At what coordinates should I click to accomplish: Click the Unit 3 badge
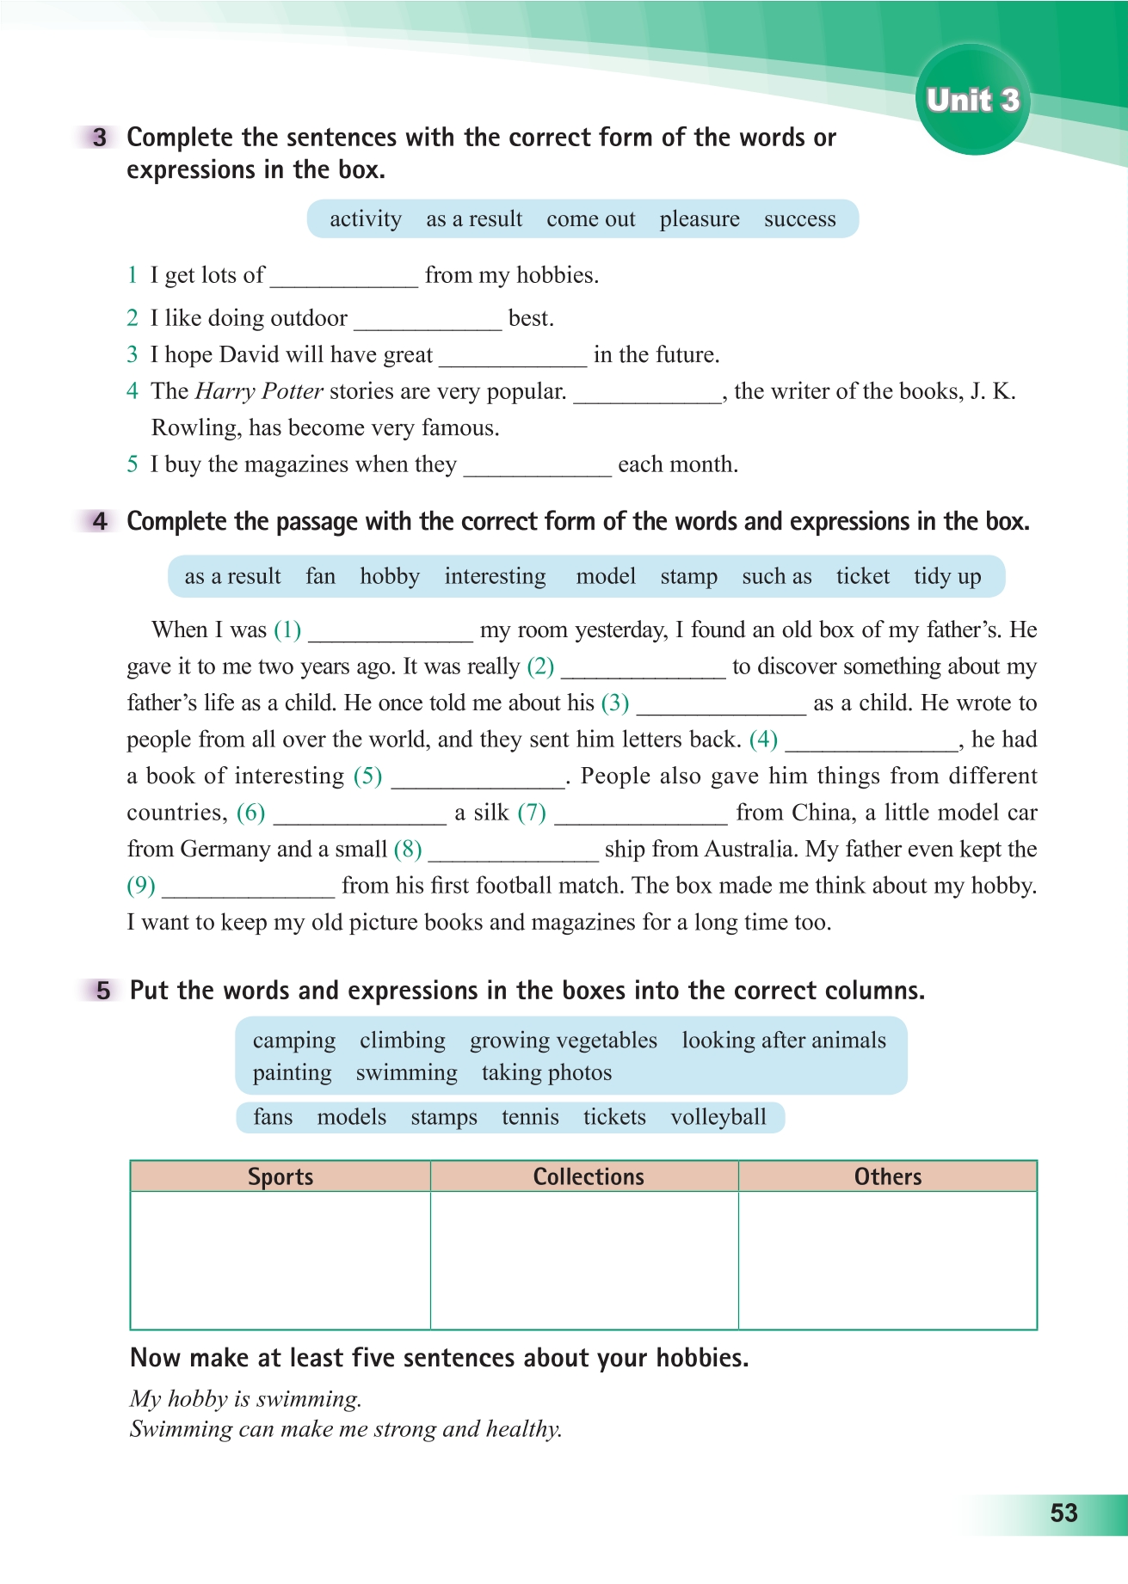point(972,101)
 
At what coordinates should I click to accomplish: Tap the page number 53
point(1063,1513)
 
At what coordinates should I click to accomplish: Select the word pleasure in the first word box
point(700,219)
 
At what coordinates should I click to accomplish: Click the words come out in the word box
point(591,219)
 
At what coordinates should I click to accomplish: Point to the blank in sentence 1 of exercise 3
point(344,277)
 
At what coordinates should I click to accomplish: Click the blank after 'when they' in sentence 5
point(538,466)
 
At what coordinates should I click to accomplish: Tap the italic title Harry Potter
point(259,391)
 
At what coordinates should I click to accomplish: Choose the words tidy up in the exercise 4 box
point(947,576)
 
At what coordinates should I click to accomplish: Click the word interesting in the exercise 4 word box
point(495,576)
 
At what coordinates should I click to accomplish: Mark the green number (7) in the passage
point(532,813)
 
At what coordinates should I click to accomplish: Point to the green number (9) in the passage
point(141,886)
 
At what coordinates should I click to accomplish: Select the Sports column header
point(280,1176)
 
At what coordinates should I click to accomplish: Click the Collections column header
point(589,1176)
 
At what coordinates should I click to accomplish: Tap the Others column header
point(888,1176)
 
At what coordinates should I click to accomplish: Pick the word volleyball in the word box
point(718,1117)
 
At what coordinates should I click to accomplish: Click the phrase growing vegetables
point(564,1041)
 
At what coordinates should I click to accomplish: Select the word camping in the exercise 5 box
point(294,1041)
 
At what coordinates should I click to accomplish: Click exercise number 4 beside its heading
point(100,521)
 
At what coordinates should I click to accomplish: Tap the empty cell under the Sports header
point(280,1260)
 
